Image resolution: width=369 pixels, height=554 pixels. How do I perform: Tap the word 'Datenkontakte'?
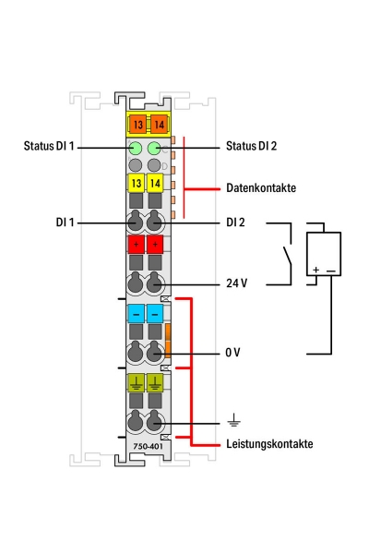(x=261, y=187)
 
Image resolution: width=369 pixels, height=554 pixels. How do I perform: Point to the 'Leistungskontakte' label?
(x=269, y=444)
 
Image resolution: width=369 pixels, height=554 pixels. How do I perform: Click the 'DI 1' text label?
(x=67, y=223)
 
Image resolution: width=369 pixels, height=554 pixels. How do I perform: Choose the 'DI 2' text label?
(x=238, y=223)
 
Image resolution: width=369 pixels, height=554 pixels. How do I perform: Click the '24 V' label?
(x=237, y=283)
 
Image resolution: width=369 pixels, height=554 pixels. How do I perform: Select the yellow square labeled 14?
(x=154, y=185)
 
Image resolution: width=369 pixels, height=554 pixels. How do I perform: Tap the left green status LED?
(x=135, y=148)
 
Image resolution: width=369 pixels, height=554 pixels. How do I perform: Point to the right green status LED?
(x=154, y=148)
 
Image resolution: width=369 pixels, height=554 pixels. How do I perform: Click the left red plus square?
(x=135, y=245)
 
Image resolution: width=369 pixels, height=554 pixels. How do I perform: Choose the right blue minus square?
(x=154, y=314)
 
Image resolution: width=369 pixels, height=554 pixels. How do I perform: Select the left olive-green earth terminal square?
(x=135, y=381)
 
